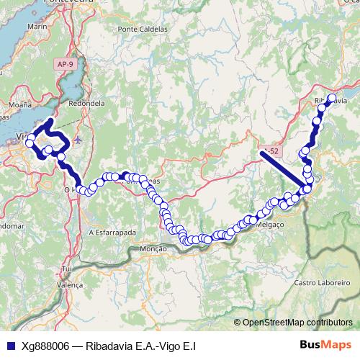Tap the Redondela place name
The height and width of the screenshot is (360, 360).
tap(87, 103)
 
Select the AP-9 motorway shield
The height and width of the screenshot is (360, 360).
tap(65, 64)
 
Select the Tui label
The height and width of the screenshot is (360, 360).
tap(68, 269)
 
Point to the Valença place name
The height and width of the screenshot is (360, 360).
tap(70, 285)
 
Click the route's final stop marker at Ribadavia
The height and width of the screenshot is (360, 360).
tap(332, 99)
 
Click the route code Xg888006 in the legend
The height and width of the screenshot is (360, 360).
tap(45, 346)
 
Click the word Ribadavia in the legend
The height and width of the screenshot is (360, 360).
tap(108, 346)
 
